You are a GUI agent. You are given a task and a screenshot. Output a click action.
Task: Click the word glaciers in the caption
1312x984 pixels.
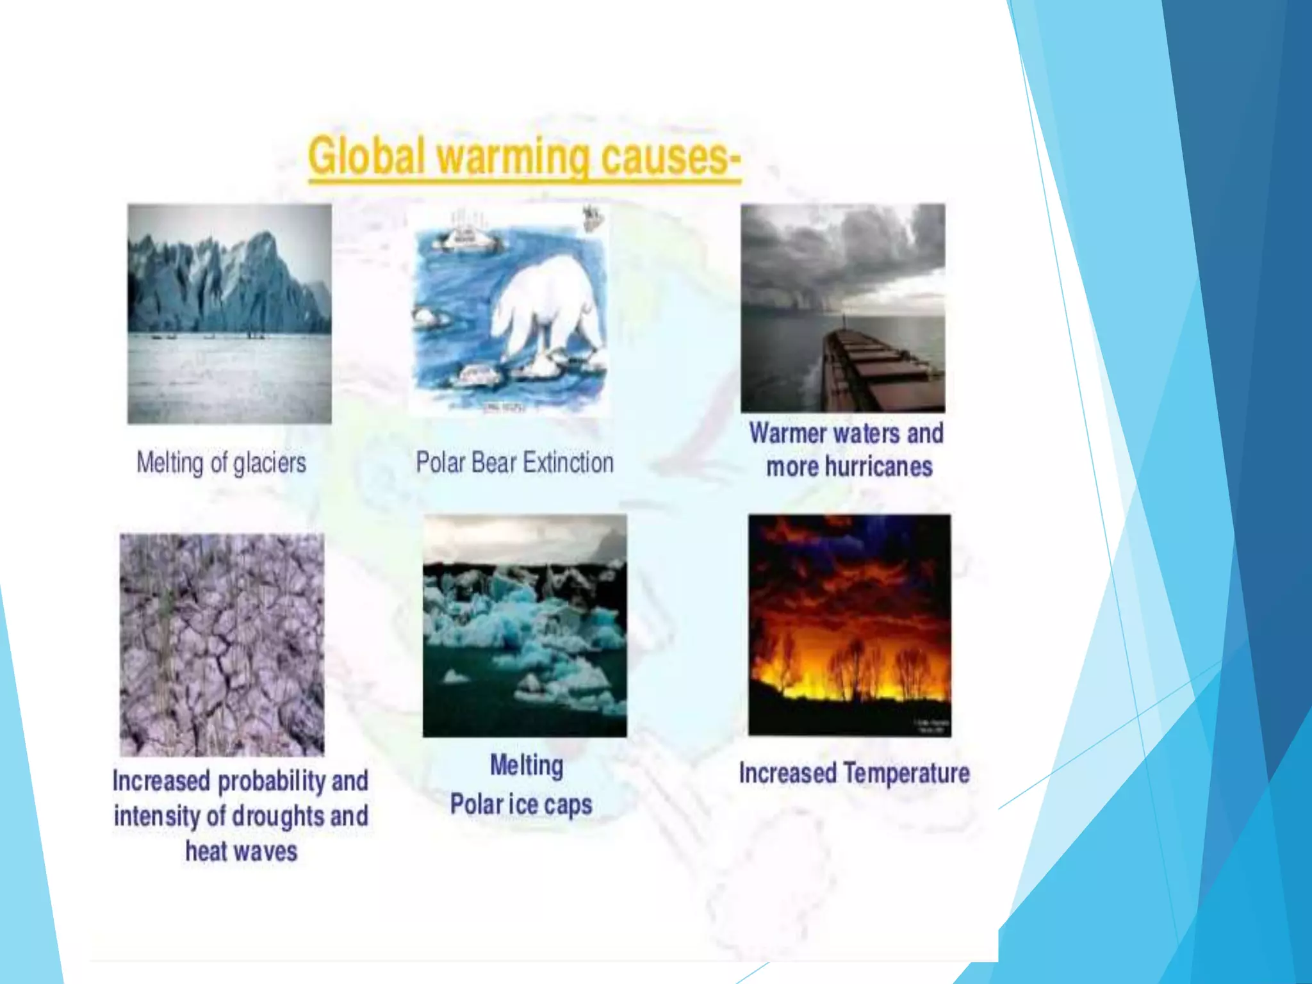(x=270, y=463)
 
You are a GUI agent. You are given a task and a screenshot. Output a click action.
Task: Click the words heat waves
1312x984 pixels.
(x=241, y=851)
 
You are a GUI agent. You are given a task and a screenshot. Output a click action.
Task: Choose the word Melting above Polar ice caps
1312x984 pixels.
(x=526, y=766)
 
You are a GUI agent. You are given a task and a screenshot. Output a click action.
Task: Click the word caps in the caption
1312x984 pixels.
(x=568, y=805)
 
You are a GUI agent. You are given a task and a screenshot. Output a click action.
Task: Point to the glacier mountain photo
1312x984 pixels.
(x=229, y=313)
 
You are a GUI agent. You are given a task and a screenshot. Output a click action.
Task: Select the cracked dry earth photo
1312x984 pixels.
(x=222, y=644)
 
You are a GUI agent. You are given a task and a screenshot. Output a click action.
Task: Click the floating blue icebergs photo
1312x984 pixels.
(x=525, y=625)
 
